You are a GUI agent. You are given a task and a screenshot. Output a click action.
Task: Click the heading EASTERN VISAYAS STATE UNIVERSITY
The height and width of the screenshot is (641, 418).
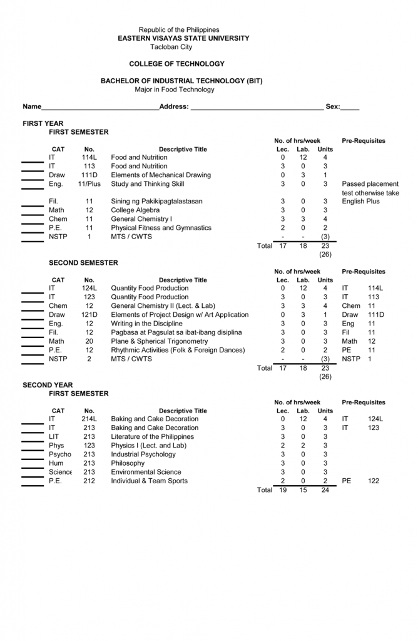[183, 38]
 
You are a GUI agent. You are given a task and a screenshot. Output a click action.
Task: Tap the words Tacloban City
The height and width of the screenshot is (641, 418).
[171, 47]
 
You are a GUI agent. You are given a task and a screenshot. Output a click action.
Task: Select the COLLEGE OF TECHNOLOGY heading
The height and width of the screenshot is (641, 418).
[176, 64]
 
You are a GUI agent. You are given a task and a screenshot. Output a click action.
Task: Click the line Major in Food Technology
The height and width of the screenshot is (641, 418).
[175, 90]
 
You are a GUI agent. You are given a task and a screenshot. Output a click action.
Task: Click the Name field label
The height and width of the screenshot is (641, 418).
[32, 106]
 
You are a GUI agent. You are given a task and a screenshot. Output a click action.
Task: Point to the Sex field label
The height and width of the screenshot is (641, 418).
[332, 106]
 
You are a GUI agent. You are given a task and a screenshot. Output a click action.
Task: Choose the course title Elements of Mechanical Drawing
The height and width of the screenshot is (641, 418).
[161, 175]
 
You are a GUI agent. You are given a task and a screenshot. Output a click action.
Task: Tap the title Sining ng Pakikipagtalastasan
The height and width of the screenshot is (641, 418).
[156, 202]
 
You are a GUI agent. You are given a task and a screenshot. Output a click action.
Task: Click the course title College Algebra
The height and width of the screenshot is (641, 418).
[135, 210]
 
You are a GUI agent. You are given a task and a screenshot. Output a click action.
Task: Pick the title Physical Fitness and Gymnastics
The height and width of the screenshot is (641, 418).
[161, 228]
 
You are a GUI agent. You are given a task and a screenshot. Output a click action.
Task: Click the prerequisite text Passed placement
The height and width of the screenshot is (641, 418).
[370, 184]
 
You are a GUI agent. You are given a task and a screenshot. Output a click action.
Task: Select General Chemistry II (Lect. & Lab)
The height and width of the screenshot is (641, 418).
[163, 306]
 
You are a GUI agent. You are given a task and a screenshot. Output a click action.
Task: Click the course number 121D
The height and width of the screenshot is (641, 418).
[89, 315]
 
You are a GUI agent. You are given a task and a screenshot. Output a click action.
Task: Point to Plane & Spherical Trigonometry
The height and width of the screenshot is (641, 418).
[159, 341]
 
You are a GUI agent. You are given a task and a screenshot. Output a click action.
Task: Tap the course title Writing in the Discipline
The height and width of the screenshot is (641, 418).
[146, 324]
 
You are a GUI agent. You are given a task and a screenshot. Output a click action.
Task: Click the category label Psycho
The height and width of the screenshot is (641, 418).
[59, 454]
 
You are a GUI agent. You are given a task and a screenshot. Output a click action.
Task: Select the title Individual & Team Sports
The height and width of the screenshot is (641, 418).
[149, 481]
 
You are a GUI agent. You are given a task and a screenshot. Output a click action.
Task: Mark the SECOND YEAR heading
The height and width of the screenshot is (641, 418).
[48, 385]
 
